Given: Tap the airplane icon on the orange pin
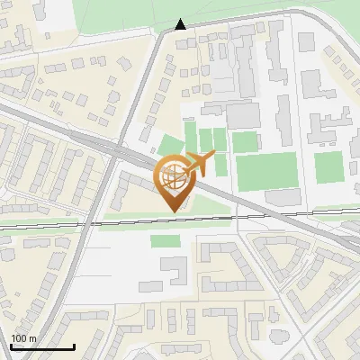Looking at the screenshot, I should pos(201,163).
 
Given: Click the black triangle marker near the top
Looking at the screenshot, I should pos(181,24).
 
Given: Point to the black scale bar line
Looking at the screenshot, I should pos(42,347).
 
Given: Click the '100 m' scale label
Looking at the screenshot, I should pos(24,338).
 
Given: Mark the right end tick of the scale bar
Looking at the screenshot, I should pos(74,346).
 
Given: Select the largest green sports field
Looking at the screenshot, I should pos(266,171).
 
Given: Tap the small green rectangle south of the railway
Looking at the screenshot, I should pos(164,241).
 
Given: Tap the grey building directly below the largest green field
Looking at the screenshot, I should pos(280,196).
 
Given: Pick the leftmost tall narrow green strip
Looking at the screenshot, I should pos(190,135).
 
